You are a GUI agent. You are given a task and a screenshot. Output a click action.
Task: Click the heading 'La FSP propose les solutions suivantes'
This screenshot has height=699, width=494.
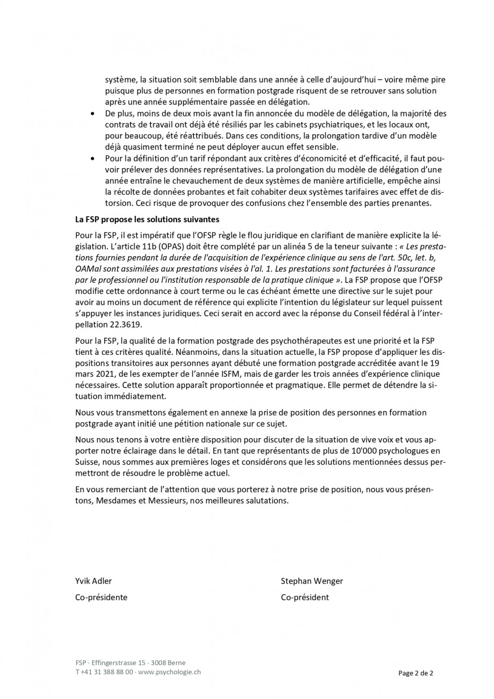pos(147,220)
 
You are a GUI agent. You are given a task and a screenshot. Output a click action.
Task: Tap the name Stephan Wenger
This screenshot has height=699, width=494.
pos(311,581)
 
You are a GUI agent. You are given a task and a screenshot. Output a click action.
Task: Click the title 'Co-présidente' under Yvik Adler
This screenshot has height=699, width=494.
pos(101,598)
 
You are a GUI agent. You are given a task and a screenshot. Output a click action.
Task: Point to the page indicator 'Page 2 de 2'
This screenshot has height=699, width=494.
pos(416,673)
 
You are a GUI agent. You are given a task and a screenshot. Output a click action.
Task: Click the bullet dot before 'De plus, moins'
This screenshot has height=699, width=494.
pos(93,114)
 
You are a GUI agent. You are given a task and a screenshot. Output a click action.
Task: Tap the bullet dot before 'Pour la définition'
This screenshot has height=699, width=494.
pos(93,159)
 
